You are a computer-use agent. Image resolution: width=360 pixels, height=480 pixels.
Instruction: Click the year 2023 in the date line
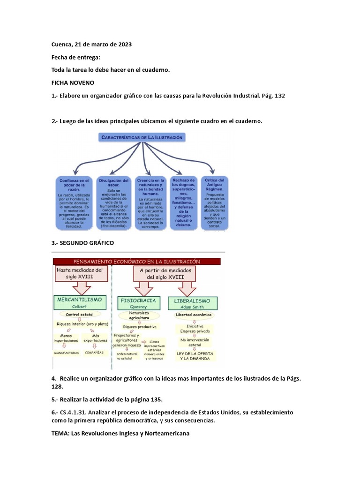[x=124, y=45]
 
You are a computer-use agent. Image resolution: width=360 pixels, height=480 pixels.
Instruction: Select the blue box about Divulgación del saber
[x=113, y=202]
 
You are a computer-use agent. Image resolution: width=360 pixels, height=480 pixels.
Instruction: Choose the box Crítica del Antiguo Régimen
[x=215, y=202]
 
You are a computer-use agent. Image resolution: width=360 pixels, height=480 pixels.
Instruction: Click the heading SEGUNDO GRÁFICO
[x=82, y=243]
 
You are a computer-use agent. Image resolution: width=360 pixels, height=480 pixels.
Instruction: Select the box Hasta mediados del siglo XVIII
[x=82, y=274]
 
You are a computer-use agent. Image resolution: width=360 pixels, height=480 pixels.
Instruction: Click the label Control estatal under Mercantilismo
[x=80, y=314]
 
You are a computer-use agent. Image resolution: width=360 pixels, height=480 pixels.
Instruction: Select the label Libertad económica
[x=194, y=315]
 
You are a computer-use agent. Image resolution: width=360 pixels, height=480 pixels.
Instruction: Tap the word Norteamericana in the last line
[x=166, y=434]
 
